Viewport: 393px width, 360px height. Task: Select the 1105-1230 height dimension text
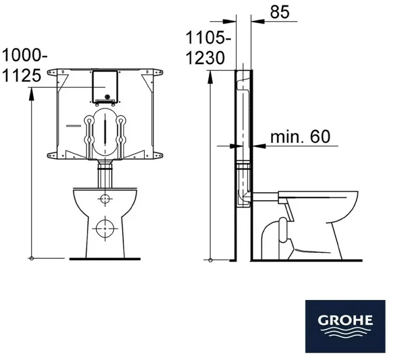pyautogui.click(x=207, y=48)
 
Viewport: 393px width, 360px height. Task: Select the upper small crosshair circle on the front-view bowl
pyautogui.click(x=105, y=199)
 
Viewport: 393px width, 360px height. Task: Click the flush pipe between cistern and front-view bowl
pyautogui.click(x=105, y=176)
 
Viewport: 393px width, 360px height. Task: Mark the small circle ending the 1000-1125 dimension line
pyautogui.click(x=32, y=258)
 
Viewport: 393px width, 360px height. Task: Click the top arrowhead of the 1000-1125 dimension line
pyautogui.click(x=32, y=92)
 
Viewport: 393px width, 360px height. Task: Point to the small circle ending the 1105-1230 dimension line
pyautogui.click(x=210, y=258)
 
